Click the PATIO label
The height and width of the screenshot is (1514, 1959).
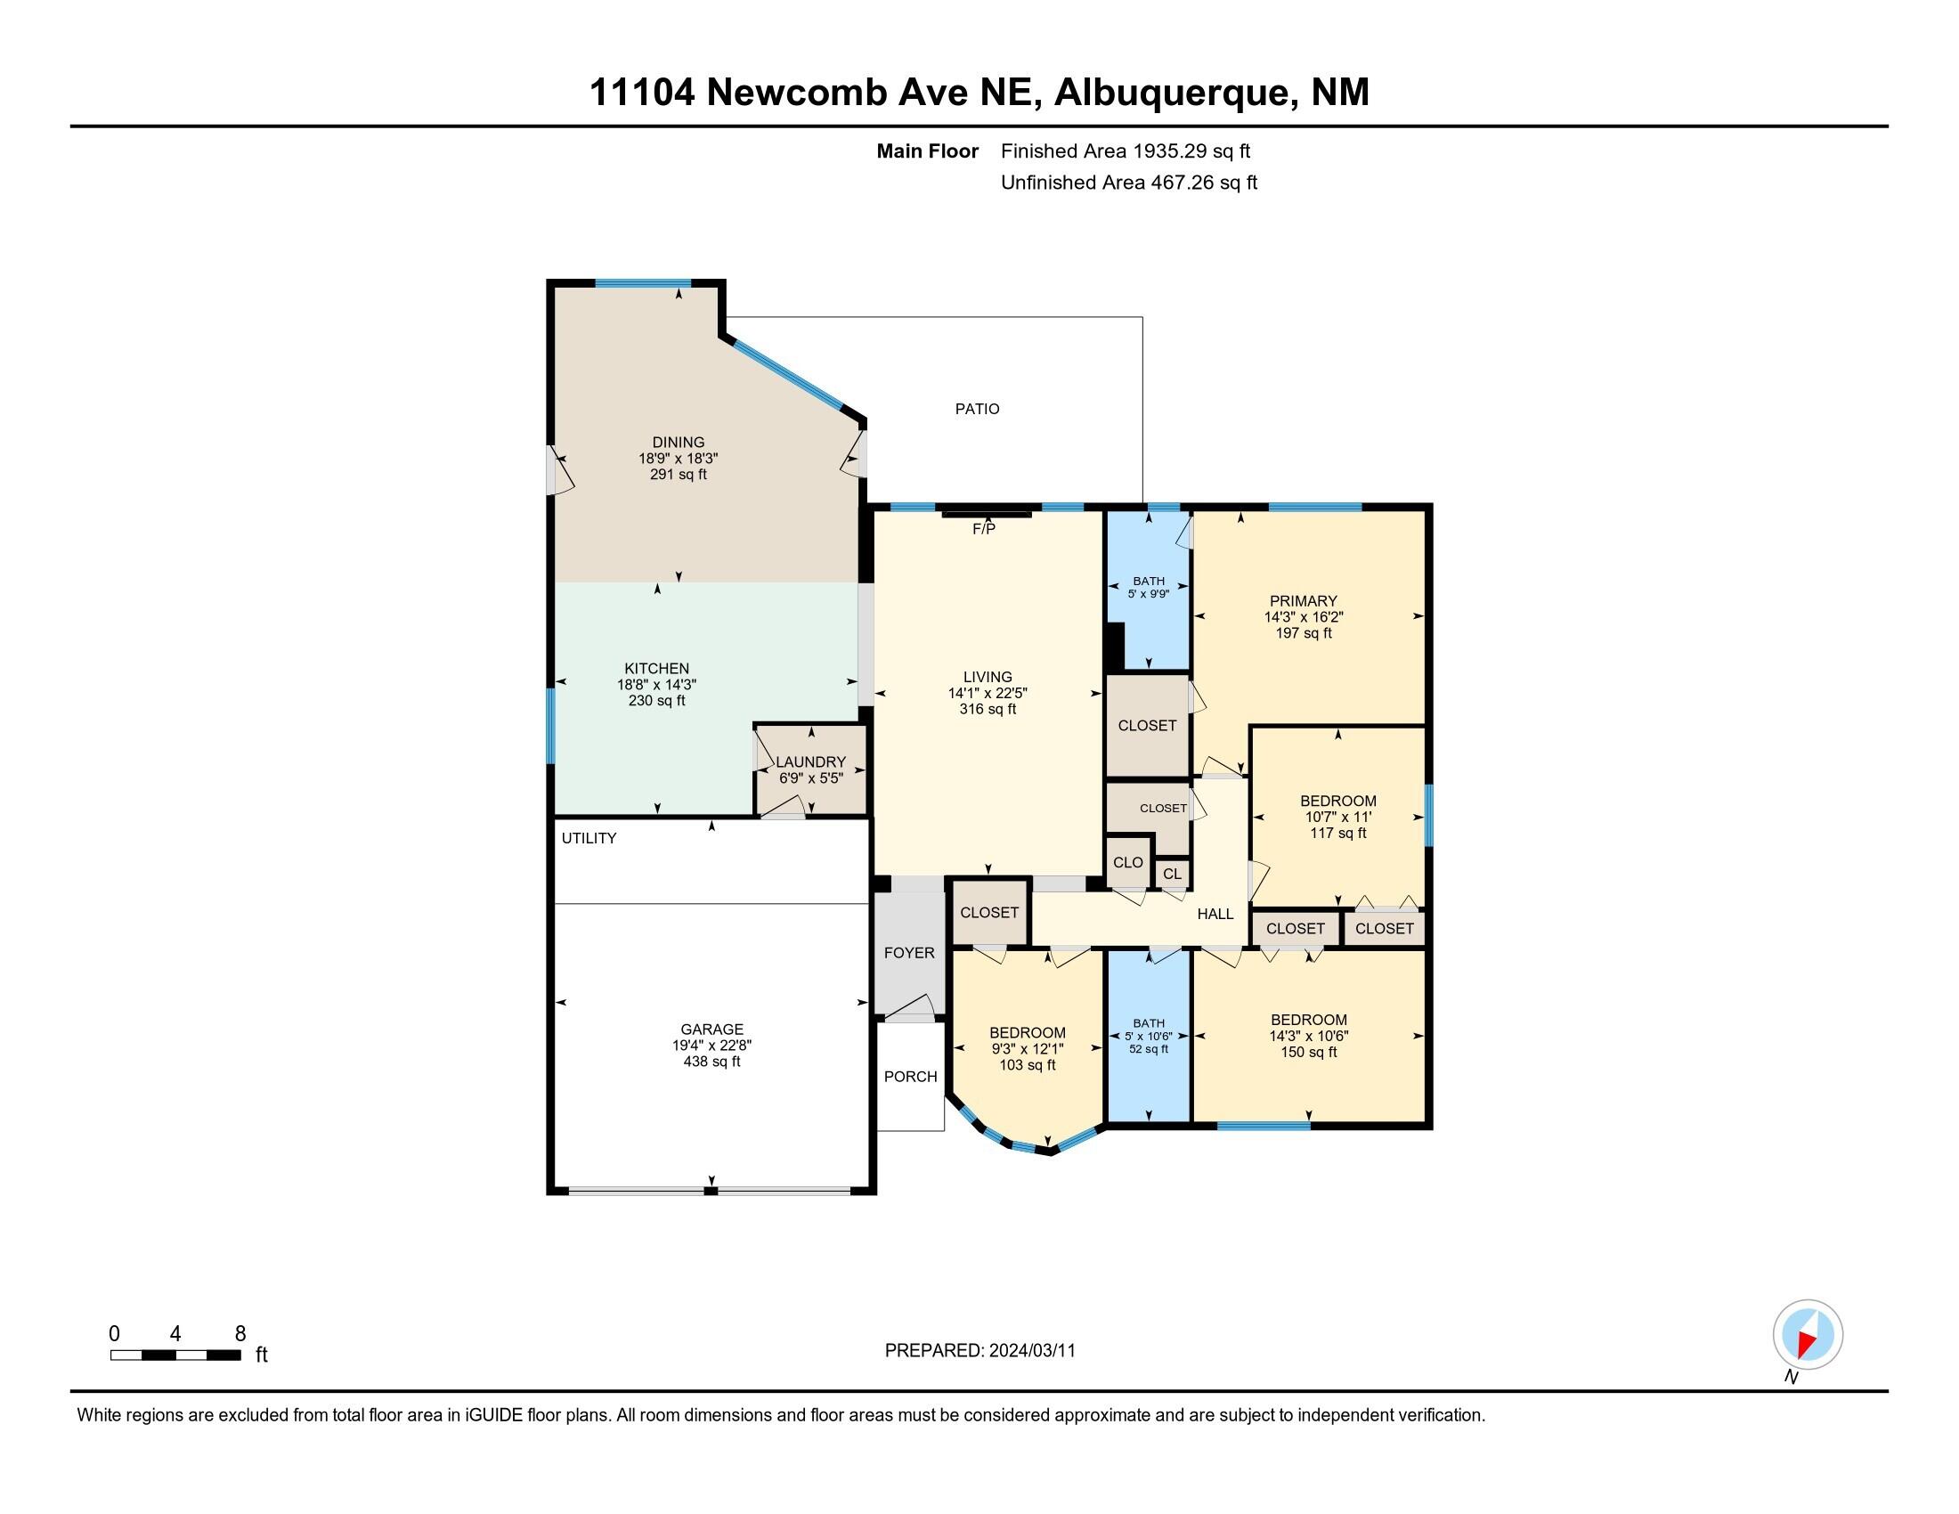[977, 409]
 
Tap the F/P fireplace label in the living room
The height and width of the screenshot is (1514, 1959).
[984, 529]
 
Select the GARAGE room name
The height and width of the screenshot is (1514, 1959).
[711, 1030]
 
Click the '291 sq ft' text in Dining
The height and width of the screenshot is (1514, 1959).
[679, 475]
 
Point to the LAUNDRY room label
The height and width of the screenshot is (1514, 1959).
[810, 761]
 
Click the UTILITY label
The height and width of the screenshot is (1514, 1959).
[589, 838]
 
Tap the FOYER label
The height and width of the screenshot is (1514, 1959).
[908, 953]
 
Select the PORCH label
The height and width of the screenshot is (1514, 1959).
[909, 1077]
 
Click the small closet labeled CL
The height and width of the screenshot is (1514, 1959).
[1172, 874]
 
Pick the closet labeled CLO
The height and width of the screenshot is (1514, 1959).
[1127, 862]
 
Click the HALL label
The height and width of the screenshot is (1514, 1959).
[1215, 914]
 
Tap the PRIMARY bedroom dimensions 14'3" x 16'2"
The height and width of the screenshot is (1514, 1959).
[1304, 617]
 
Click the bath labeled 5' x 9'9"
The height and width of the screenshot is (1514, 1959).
[1148, 588]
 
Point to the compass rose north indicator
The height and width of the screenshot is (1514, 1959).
[1808, 1335]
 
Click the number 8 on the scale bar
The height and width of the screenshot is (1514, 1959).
[240, 1334]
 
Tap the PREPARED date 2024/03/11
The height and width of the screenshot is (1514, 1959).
[1031, 1351]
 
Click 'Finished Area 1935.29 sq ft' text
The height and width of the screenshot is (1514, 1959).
[1125, 151]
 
